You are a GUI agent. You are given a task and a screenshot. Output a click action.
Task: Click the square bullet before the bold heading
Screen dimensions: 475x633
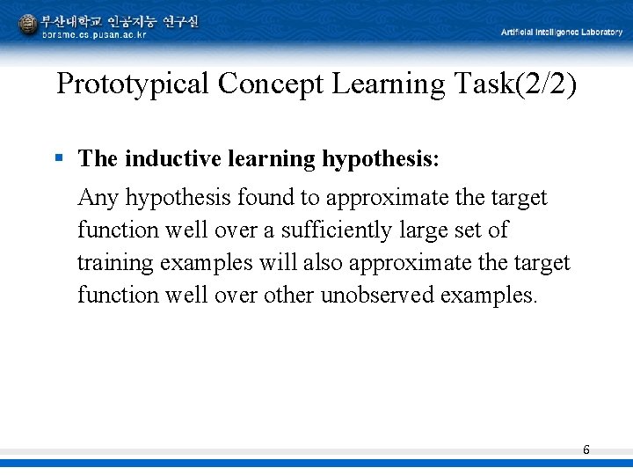(59, 158)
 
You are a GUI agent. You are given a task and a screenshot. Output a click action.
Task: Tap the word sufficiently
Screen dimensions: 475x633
(333, 230)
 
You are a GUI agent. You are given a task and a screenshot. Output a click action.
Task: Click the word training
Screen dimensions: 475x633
(114, 263)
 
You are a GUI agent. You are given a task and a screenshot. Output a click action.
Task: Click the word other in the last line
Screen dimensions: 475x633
(287, 296)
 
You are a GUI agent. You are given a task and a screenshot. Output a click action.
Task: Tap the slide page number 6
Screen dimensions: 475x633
(586, 450)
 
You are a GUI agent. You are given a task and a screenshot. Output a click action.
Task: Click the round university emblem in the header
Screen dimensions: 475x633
(28, 25)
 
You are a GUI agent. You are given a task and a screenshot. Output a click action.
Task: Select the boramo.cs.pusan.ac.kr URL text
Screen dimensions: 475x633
(94, 34)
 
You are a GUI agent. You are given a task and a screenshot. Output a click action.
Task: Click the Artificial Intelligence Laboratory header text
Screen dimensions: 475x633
(561, 33)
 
